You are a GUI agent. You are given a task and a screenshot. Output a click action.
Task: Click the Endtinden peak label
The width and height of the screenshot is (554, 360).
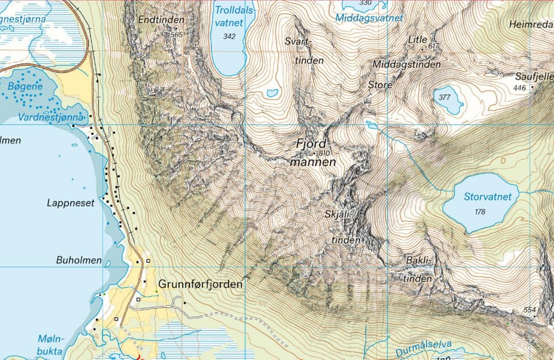161,20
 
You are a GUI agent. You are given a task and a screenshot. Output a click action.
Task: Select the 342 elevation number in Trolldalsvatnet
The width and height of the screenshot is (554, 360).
228,37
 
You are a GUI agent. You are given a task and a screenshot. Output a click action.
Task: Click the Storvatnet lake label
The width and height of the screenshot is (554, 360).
487,197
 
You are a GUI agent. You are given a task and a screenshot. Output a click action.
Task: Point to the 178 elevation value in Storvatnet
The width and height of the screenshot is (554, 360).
480,212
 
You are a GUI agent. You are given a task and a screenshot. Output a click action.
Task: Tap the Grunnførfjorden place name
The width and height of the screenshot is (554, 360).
200,284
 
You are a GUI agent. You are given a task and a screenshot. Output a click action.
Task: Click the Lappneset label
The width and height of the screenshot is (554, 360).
71,203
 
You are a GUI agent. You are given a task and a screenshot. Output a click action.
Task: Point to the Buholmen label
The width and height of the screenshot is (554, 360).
79,261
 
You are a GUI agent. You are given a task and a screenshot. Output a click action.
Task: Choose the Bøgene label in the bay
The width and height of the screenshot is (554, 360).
25,86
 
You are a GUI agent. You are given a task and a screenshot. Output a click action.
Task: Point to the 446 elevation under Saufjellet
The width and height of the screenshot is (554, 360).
519,88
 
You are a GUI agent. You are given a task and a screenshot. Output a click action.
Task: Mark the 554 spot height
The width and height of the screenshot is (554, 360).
529,310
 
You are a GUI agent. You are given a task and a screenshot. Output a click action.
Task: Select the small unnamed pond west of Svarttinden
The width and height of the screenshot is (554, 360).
272,93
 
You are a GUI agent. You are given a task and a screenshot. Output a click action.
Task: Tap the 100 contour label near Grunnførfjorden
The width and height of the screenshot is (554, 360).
263,304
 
